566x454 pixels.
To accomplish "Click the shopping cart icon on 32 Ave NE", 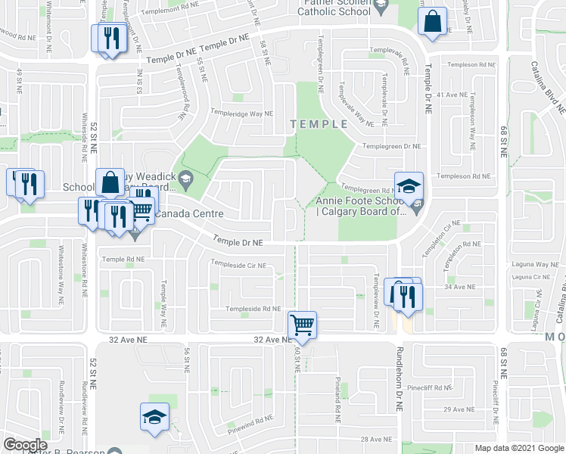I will pos(302,325).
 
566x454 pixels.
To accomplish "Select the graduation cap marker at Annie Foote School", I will pos(409,186).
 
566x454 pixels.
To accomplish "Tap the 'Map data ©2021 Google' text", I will pos(518,448).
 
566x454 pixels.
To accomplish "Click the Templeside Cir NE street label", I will pos(238,265).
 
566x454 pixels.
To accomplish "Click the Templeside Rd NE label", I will pos(255,309).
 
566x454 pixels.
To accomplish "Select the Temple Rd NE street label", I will pos(123,259).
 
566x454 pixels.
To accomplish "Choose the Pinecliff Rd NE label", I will pos(430,387).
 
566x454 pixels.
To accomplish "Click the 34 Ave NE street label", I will pos(459,287).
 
